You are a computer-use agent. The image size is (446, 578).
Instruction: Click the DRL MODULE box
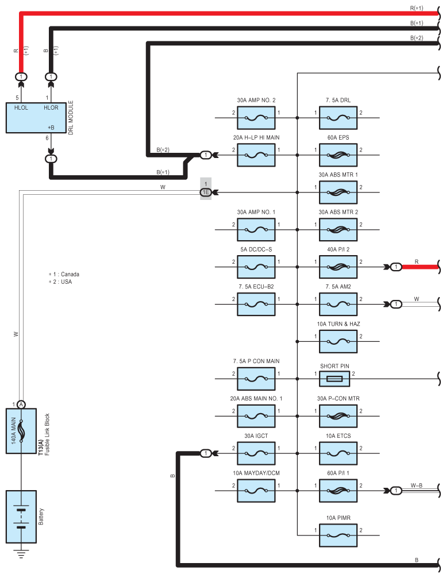coord(36,118)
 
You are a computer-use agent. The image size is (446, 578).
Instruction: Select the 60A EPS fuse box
coord(338,155)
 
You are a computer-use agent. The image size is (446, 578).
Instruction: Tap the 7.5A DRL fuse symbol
coord(338,118)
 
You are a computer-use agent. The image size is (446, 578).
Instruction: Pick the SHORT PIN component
coord(334,379)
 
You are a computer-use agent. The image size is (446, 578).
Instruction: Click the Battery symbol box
coord(21,517)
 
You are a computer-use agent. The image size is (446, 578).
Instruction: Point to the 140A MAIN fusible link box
coord(21,430)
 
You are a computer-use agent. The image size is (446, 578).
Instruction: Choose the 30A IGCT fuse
coord(256,453)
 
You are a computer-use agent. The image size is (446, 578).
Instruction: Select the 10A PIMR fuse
coord(338,535)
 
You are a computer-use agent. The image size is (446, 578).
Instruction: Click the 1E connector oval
coord(206,192)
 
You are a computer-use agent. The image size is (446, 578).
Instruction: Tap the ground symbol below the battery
coord(21,554)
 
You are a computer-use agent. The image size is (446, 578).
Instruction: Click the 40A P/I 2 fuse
coord(338,267)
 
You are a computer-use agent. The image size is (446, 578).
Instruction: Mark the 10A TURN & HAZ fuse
coord(338,341)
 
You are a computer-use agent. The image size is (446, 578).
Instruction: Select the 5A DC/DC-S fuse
coord(256,267)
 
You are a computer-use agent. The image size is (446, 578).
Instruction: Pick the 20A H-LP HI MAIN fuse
coord(256,155)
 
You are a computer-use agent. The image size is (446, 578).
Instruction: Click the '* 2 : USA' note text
coord(60,282)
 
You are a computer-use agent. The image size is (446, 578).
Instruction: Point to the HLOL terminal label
coord(21,107)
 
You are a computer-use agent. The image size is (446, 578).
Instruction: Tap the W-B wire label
coord(417,485)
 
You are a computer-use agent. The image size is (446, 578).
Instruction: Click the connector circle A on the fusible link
coord(21,404)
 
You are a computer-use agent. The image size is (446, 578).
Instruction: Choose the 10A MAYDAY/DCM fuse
coord(256,491)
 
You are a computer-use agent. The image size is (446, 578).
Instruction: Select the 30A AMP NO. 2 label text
coord(256,101)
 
